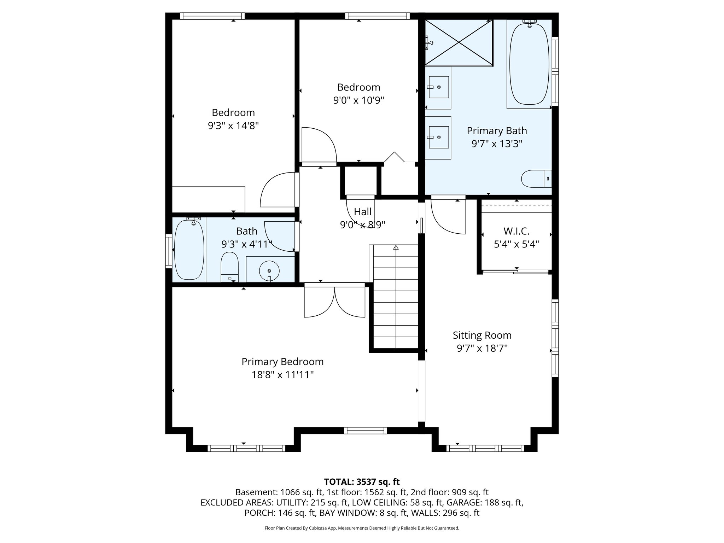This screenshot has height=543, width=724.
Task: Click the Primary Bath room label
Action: [497, 131]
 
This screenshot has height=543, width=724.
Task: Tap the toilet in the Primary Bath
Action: [536, 179]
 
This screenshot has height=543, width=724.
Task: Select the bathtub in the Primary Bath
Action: [529, 64]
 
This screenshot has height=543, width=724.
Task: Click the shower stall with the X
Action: [459, 42]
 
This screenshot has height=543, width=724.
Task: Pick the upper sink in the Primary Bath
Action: [438, 87]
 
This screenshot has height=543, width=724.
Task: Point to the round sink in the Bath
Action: [269, 271]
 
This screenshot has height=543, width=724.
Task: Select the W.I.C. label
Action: [516, 232]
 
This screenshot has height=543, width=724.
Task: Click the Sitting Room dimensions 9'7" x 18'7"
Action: [482, 349]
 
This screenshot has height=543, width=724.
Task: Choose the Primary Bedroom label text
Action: [282, 362]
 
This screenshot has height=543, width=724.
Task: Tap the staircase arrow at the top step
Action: [396, 248]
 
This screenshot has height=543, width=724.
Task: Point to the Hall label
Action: [362, 212]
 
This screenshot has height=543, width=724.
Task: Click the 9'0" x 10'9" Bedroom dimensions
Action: [358, 101]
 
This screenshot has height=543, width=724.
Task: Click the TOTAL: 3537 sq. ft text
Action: [362, 482]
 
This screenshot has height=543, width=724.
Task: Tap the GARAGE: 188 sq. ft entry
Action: [485, 503]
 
